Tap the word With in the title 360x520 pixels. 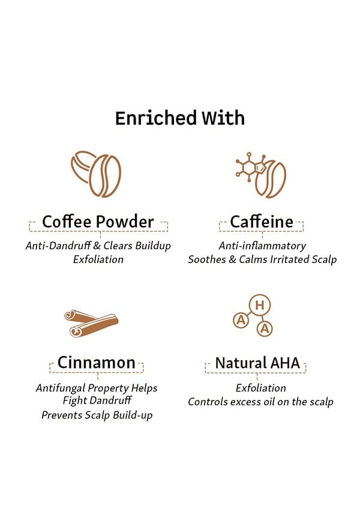click(223, 118)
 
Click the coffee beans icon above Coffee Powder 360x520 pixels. click(96, 174)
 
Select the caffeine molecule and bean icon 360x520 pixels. click(261, 175)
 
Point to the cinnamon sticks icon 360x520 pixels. click(91, 323)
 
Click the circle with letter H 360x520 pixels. click(260, 305)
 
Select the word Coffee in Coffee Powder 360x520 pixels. click(67, 222)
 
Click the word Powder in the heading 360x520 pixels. click(125, 222)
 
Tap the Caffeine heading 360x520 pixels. click(262, 222)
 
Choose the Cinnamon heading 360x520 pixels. click(97, 363)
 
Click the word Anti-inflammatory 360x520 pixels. click(262, 246)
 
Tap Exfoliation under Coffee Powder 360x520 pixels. click(98, 259)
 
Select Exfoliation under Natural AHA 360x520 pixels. click(261, 388)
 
